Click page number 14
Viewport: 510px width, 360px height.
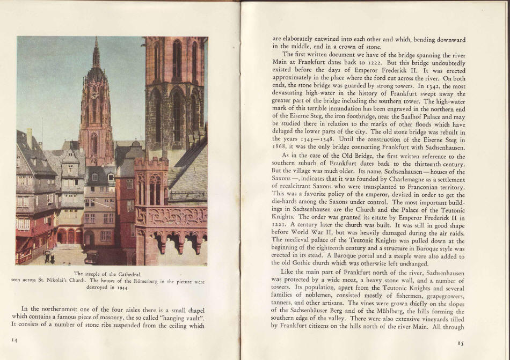[x=14, y=340]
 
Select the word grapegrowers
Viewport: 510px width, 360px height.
[x=438, y=295]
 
